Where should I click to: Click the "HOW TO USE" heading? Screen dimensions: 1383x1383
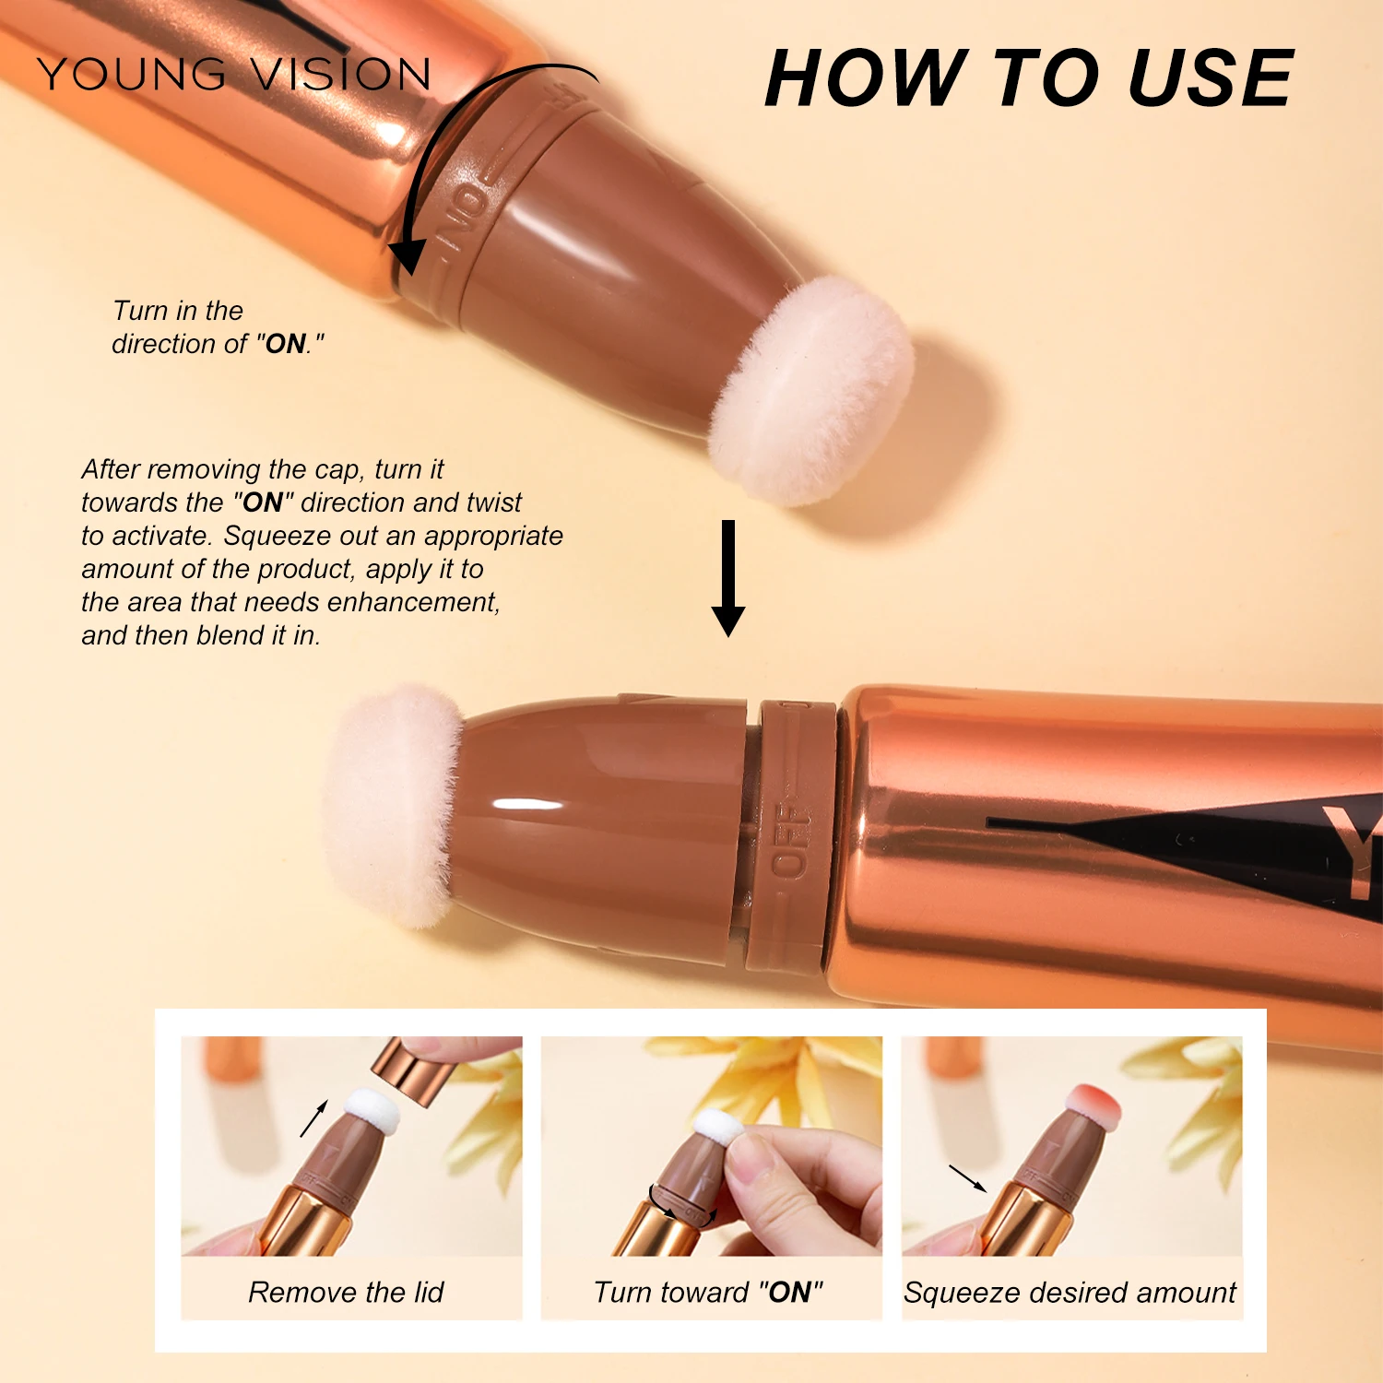[1029, 79]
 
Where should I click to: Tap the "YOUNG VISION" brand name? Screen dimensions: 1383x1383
[234, 75]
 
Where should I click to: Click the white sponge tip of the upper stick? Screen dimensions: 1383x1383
[811, 391]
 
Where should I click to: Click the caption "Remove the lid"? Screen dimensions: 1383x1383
[346, 1293]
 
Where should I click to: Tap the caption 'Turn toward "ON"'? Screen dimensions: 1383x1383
[708, 1293]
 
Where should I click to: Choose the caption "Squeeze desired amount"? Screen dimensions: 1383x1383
[1070, 1293]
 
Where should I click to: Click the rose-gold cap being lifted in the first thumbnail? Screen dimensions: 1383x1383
[410, 1070]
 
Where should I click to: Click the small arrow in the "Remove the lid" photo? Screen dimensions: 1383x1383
[313, 1118]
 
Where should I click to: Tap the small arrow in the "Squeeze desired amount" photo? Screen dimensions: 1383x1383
[967, 1178]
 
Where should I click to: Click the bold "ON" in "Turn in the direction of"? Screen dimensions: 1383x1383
[286, 344]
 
